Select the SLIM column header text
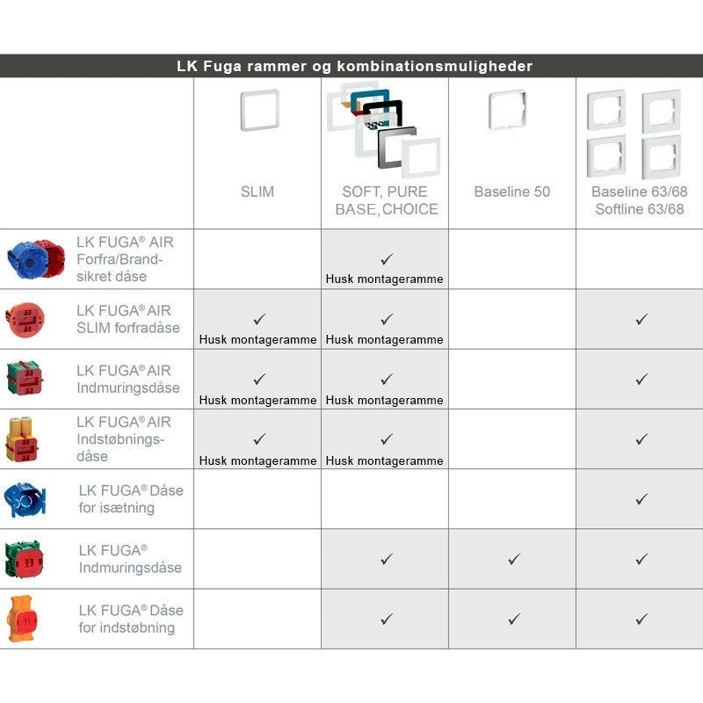pos(257,192)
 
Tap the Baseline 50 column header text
pos(512,192)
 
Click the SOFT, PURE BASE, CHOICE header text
pos(385,200)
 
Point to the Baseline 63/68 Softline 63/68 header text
pos(639,200)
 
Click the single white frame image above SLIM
pos(259,111)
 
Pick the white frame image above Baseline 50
pos(508,111)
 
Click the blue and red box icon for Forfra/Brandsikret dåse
pos(36,258)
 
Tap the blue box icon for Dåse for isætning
pos(25,499)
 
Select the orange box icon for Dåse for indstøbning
pos(24,619)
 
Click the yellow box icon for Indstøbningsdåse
pos(24,438)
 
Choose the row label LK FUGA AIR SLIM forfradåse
pos(127,319)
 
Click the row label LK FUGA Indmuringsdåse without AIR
pos(129,559)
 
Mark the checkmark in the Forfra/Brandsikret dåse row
pos(386,259)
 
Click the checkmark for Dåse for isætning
pos(641,499)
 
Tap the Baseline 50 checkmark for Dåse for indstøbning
pos(514,619)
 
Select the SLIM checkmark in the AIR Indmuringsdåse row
pos(259,380)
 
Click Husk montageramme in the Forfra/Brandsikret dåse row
pos(385,279)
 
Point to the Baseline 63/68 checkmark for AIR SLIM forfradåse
pos(641,320)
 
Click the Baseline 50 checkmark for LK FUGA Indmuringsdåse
pos(514,559)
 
